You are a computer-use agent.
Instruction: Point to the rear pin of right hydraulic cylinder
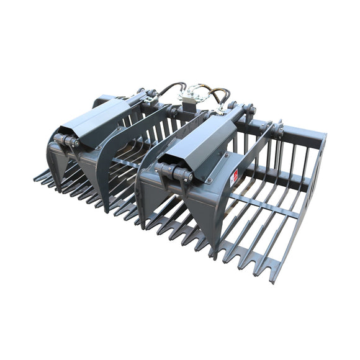click(249, 112)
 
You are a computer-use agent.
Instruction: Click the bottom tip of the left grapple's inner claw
click(104, 208)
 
